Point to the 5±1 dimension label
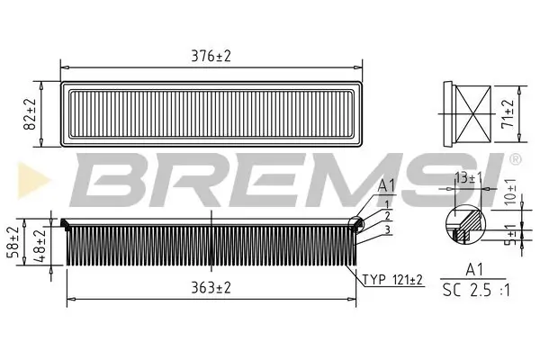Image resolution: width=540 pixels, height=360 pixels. (x=509, y=238)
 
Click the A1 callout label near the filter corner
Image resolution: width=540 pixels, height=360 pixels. (x=387, y=187)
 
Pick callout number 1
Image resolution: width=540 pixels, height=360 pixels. (x=386, y=205)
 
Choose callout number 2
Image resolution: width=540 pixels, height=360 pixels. (x=386, y=216)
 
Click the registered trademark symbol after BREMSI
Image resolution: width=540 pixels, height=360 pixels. (x=516, y=159)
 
